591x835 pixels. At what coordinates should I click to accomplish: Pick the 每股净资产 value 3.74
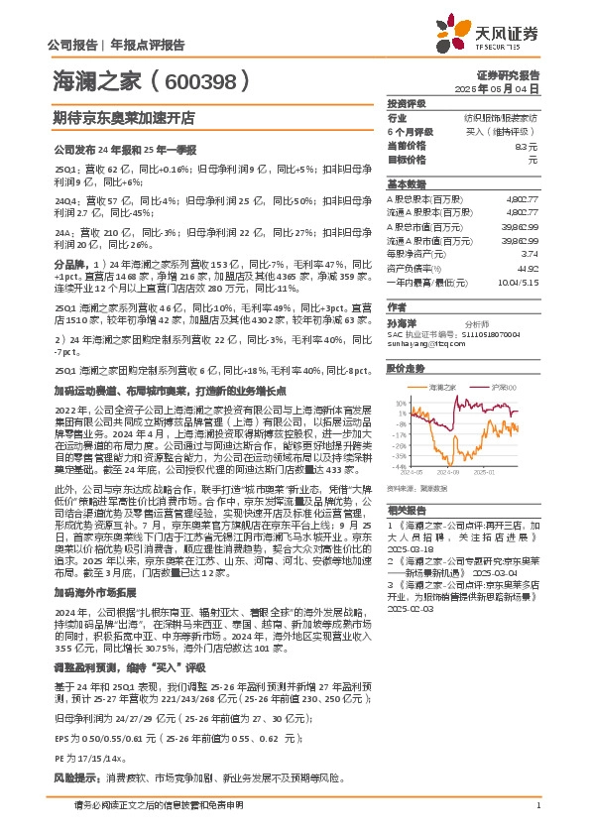(531, 253)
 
